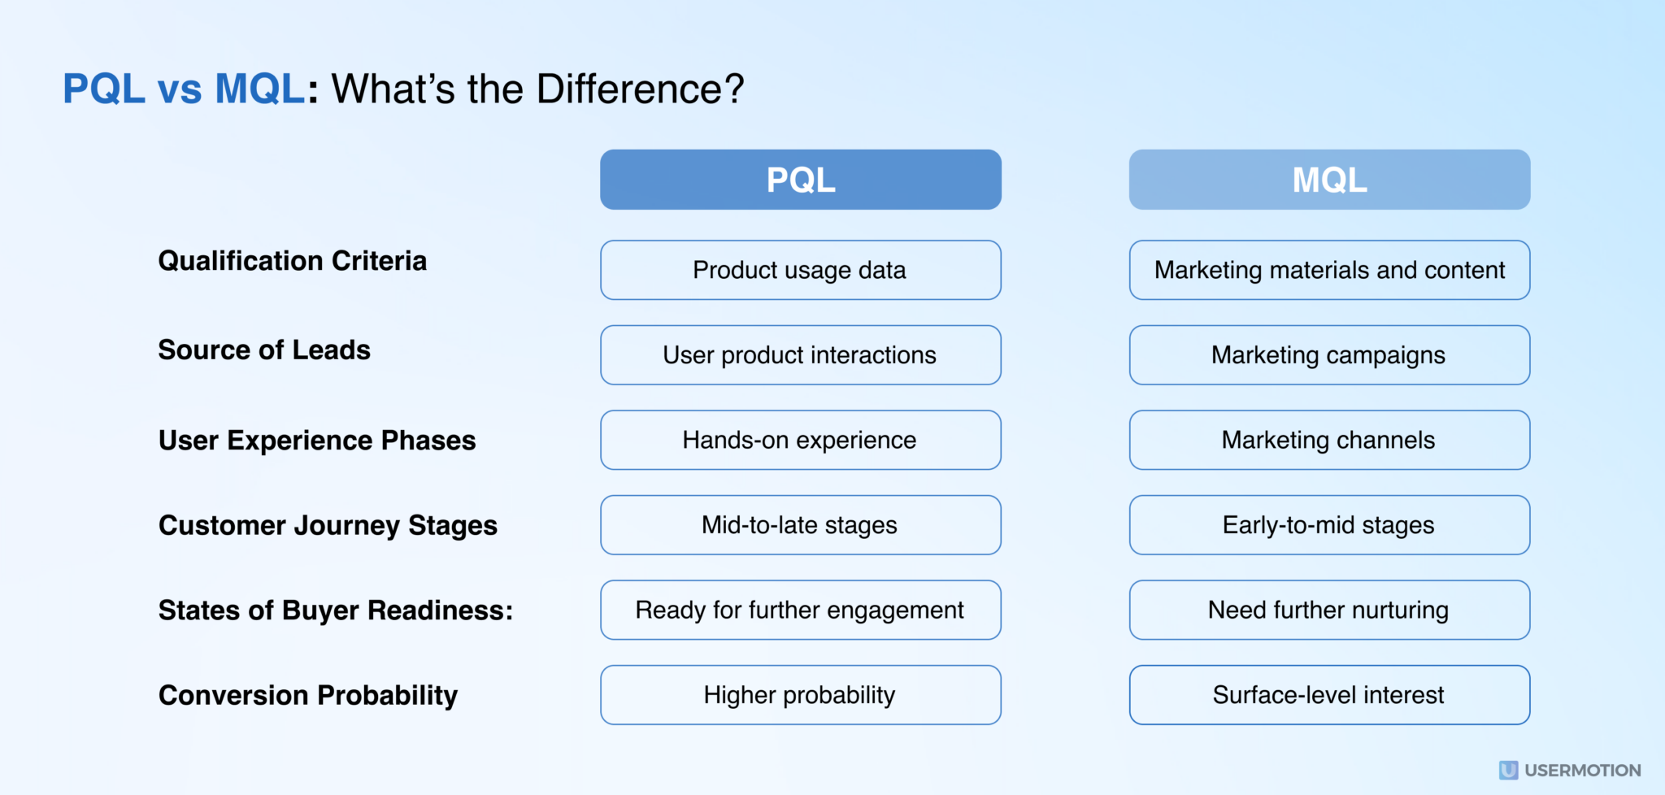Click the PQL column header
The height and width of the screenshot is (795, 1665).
coord(801,180)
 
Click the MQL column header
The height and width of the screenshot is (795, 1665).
coord(1329,180)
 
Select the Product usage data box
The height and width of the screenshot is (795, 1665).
coord(801,270)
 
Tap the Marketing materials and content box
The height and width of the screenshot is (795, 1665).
coord(1329,270)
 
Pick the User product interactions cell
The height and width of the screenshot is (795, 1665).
coord(801,355)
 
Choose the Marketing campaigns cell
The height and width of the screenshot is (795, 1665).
coord(1329,355)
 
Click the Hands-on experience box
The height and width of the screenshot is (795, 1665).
coord(801,440)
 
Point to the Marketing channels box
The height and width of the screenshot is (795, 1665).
coord(1329,440)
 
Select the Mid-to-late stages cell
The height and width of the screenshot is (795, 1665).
coord(801,525)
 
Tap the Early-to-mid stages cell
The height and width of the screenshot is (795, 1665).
coord(1329,525)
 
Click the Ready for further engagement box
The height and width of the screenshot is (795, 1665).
coord(801,610)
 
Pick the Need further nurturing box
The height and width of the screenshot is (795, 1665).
coord(1329,610)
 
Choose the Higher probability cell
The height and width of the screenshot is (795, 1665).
coord(801,695)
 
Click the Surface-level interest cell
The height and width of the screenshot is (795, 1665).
coord(1329,695)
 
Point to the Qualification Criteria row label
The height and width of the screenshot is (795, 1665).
coord(292,261)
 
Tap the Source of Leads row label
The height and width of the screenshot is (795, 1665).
coord(264,350)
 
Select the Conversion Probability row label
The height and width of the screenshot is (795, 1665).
coord(308,696)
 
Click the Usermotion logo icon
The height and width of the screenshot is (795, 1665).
coord(1508,770)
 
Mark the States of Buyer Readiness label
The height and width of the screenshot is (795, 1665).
coord(335,610)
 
